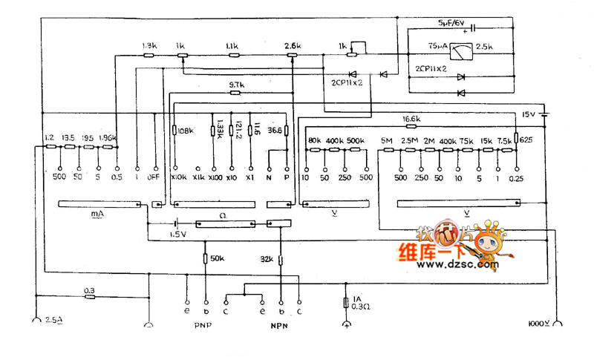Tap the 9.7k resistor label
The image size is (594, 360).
[236, 85]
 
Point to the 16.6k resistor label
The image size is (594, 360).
[412, 118]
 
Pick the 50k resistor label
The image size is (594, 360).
[218, 258]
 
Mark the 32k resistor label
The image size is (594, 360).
[267, 259]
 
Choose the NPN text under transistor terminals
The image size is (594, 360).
[279, 324]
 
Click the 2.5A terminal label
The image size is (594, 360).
[55, 320]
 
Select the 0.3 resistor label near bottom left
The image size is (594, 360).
[90, 289]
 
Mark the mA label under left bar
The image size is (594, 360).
[97, 215]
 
